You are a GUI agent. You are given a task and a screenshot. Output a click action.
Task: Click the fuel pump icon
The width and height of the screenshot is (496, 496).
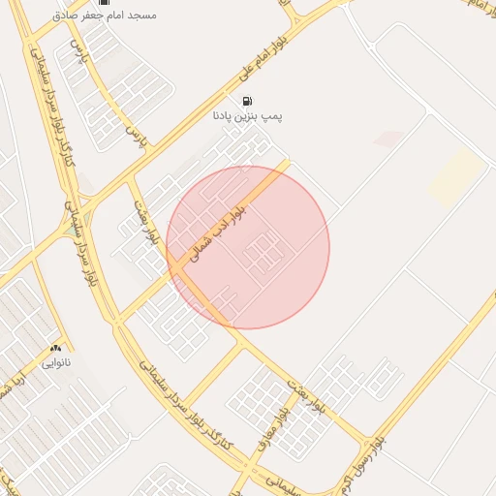248,101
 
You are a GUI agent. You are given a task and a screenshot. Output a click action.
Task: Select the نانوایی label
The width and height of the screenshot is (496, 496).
55,363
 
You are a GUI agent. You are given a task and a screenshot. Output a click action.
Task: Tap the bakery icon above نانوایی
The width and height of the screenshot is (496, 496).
55,348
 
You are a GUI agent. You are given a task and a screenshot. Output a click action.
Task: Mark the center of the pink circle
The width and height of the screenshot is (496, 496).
248,247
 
